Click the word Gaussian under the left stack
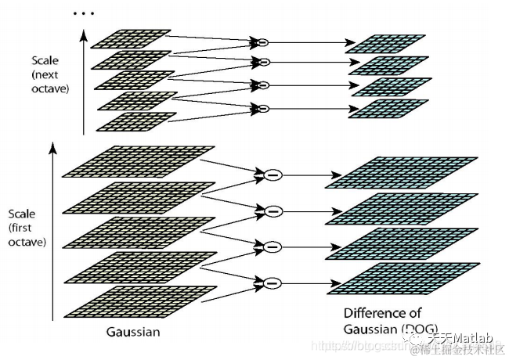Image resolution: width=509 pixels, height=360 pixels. pos(133,333)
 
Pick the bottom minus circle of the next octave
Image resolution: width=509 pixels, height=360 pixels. pos(263,107)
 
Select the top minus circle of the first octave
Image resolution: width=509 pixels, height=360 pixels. pos(272,175)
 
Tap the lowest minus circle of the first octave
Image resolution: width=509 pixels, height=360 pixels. pos(273,283)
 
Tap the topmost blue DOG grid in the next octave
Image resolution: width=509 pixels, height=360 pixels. pos(389,44)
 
